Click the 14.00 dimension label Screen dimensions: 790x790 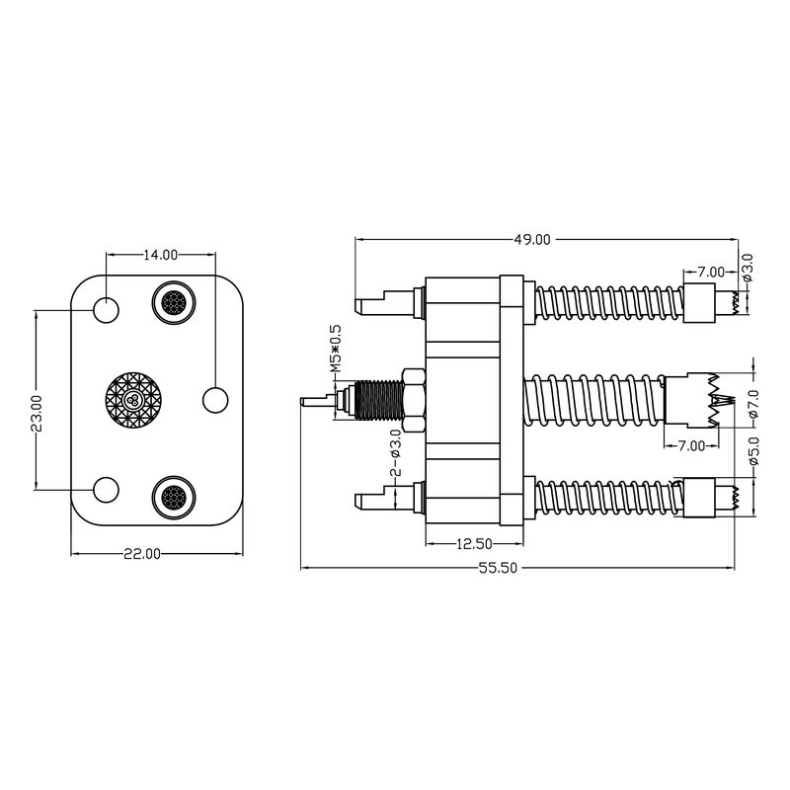pyautogui.click(x=161, y=255)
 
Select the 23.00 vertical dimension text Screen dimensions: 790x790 pyautogui.click(x=37, y=413)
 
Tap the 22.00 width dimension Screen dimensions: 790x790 pyautogui.click(x=142, y=554)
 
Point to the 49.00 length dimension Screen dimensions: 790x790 pyautogui.click(x=532, y=240)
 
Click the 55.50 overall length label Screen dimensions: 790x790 pyautogui.click(x=498, y=569)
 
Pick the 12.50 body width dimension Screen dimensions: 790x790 pyautogui.click(x=474, y=544)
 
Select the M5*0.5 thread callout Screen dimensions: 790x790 pyautogui.click(x=336, y=349)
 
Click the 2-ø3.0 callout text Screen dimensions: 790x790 pyautogui.click(x=396, y=452)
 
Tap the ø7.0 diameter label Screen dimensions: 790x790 pyautogui.click(x=754, y=403)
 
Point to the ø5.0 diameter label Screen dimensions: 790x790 pyautogui.click(x=754, y=450)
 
